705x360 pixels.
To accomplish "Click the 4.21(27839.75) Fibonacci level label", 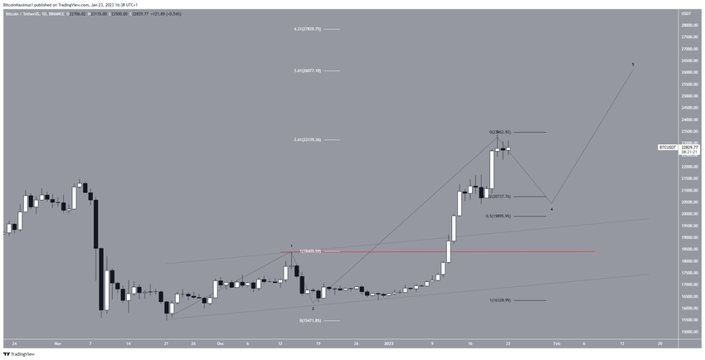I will click(x=306, y=29).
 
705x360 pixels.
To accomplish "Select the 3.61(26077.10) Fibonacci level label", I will click(x=306, y=71).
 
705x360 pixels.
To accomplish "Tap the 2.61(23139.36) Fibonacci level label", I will click(x=306, y=139).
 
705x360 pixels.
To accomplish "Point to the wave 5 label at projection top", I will click(x=633, y=64).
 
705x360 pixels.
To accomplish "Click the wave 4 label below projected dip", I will click(x=552, y=209).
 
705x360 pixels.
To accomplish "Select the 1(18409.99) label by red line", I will click(x=311, y=251).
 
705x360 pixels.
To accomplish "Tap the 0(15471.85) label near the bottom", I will click(x=309, y=320).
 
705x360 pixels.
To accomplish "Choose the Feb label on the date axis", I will click(x=556, y=342).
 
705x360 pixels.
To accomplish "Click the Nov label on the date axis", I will click(x=58, y=342).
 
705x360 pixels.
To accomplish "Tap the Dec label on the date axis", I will click(x=221, y=342).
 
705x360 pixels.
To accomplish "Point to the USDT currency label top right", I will click(x=685, y=14).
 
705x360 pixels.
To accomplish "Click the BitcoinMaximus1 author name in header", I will click(x=22, y=3).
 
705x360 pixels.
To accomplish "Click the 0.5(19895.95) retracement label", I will click(x=503, y=216).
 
